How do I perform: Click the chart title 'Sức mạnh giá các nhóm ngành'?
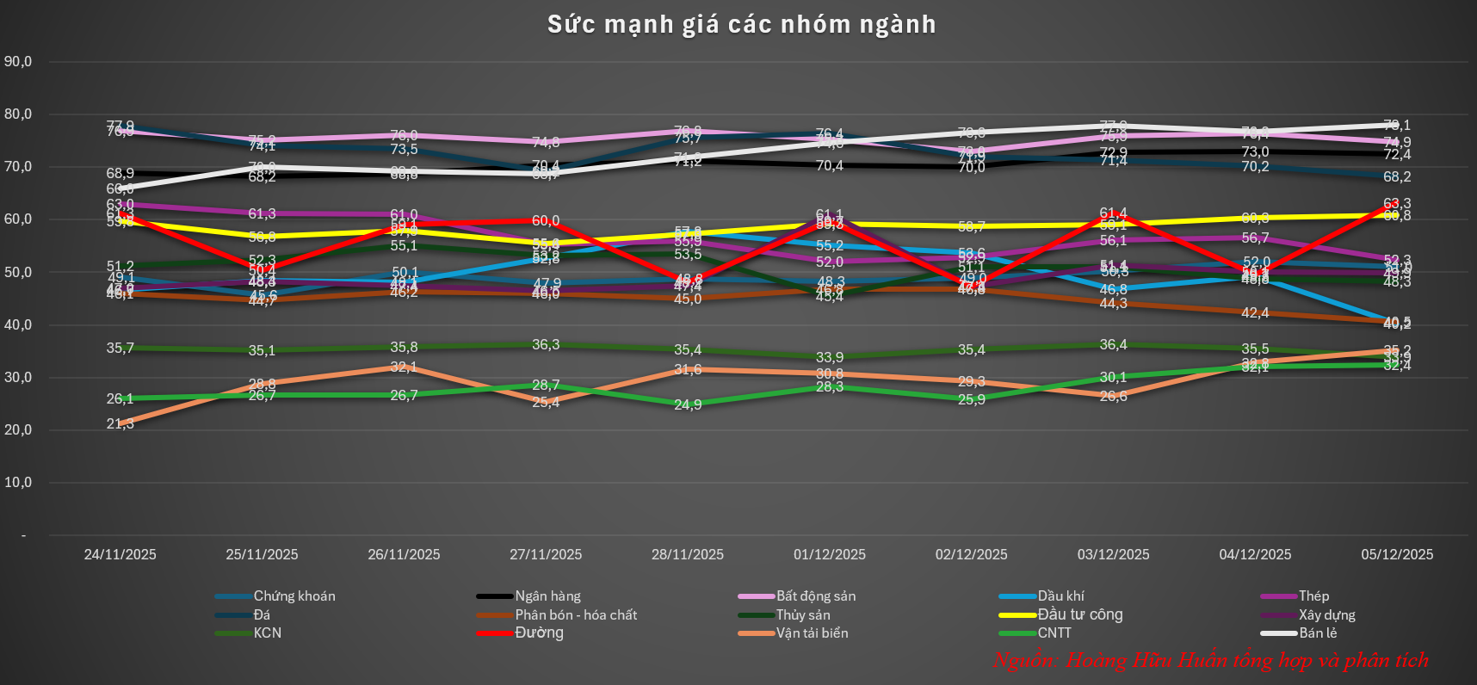741,24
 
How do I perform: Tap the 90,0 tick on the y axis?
18,61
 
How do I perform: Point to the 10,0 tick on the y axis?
18,482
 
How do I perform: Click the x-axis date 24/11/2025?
121,554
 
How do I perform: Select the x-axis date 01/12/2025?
830,554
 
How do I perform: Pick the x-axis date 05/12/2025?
1397,554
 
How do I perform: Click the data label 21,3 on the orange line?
121,423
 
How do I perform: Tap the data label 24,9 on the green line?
688,404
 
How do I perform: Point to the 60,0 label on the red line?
546,221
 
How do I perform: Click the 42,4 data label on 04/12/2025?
1255,313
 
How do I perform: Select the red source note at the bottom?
1210,660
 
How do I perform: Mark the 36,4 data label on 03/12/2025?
1113,345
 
